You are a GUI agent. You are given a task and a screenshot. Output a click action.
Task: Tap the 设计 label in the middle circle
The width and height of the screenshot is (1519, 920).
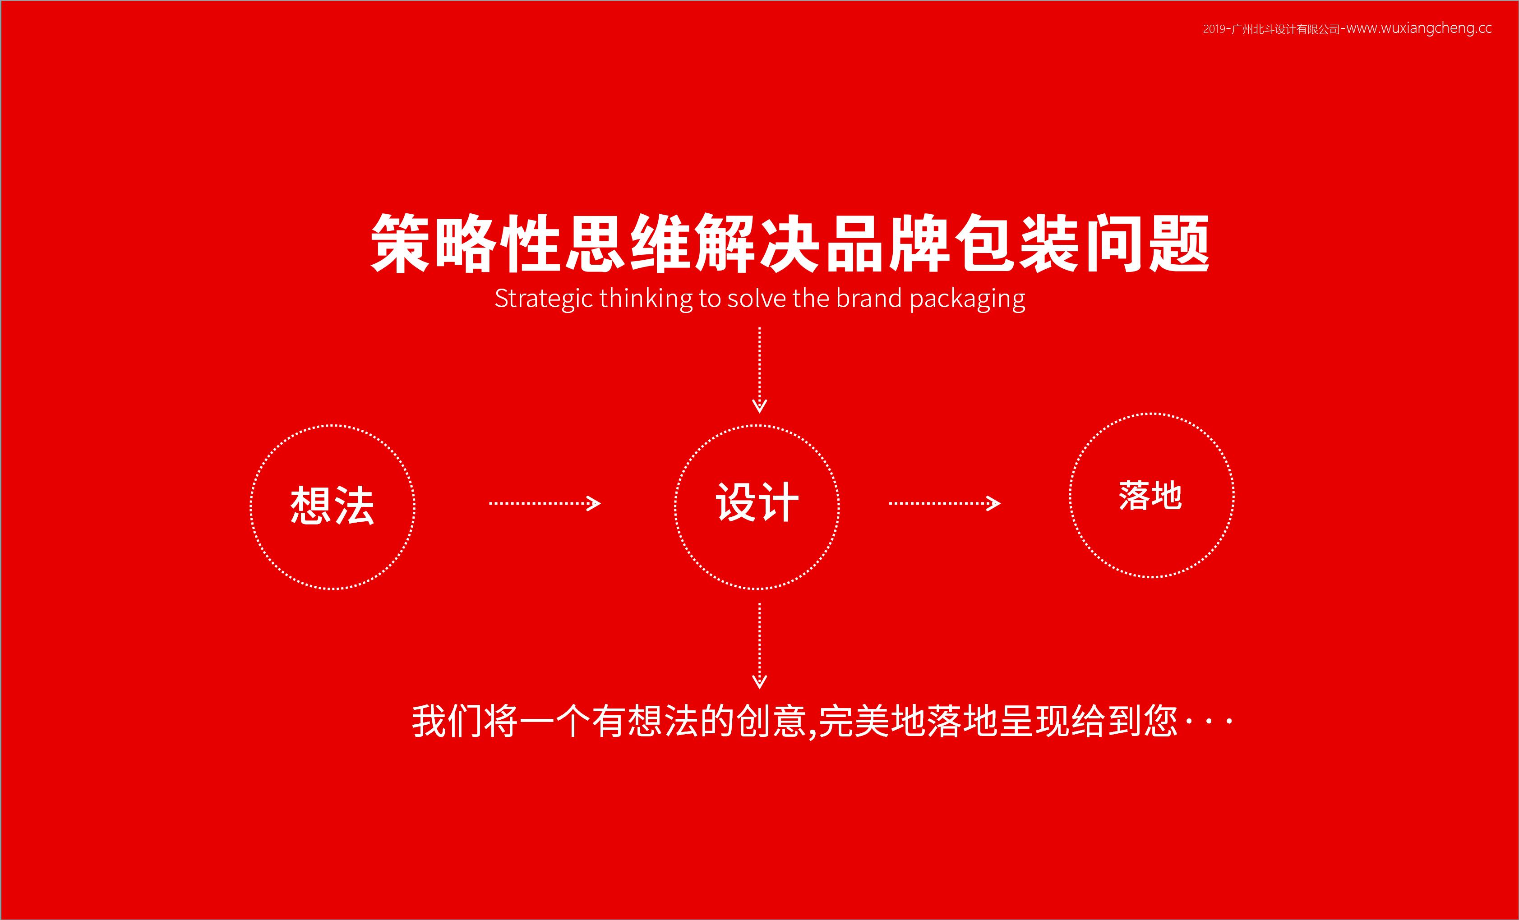coord(757,502)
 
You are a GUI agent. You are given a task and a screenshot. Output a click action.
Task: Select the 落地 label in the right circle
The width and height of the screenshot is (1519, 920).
coord(1150,496)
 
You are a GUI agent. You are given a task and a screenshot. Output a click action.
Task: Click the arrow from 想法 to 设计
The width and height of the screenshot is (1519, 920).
coord(545,503)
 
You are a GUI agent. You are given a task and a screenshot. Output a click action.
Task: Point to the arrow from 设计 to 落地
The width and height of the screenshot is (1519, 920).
coord(944,503)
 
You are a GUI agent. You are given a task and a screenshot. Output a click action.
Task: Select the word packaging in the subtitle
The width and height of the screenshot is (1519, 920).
coord(967,299)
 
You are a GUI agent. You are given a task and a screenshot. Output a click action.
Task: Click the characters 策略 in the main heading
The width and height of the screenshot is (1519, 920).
coord(434,244)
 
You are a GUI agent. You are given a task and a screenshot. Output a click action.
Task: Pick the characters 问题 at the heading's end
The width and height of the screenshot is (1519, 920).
coord(1147,244)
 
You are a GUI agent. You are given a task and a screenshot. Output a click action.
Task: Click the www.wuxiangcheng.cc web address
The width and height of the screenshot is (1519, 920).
coord(1418,28)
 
